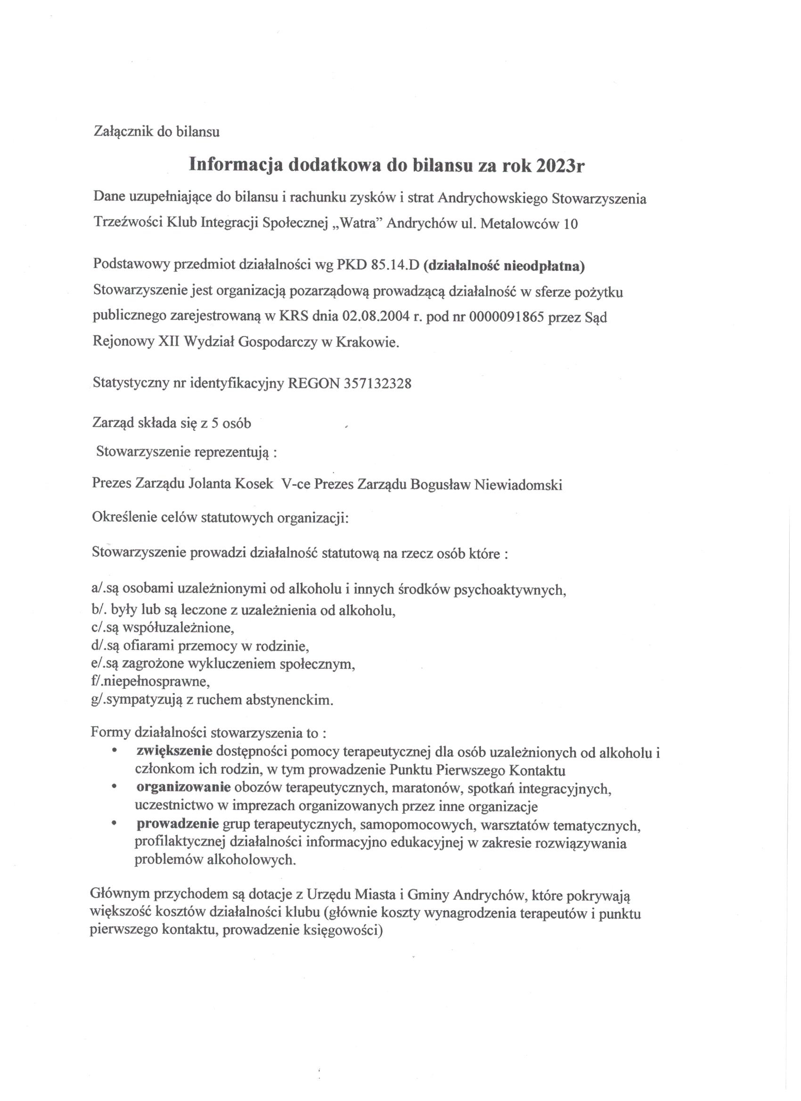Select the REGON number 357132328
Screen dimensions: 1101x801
pos(377,383)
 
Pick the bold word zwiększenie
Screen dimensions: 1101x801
pos(174,752)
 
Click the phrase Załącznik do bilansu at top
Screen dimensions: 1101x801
pos(156,131)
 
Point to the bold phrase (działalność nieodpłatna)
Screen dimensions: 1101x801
pos(504,266)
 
